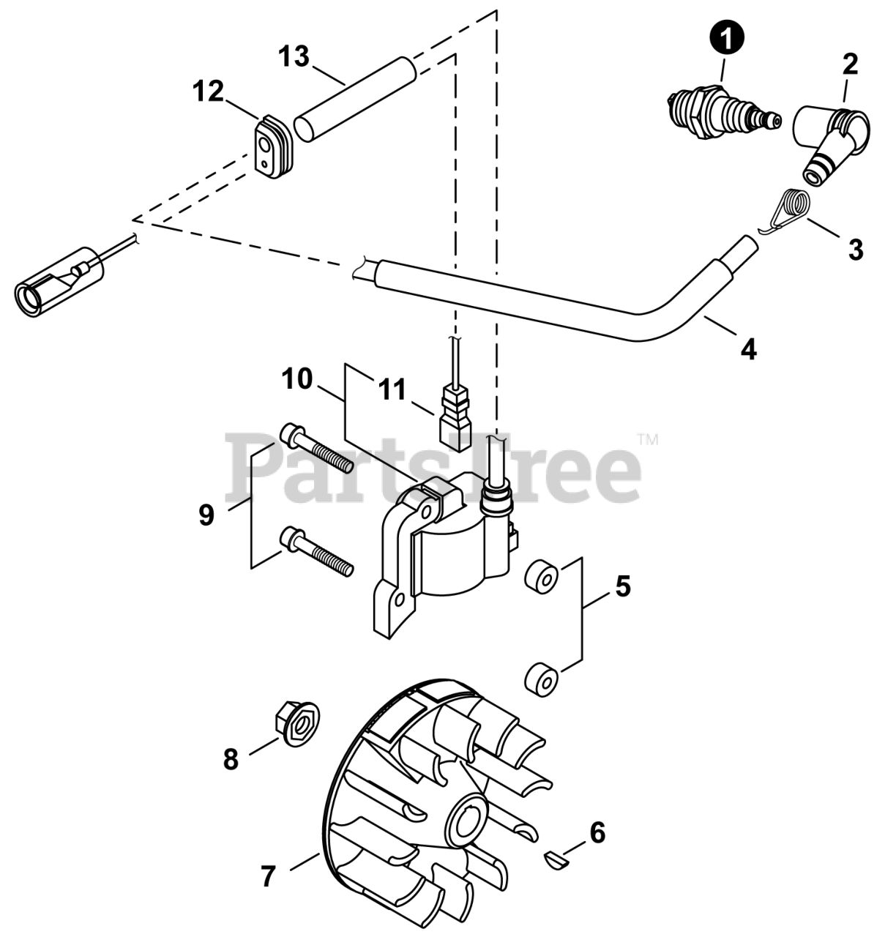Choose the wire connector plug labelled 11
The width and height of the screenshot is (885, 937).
pos(455,420)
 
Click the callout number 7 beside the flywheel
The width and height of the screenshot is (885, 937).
pos(268,875)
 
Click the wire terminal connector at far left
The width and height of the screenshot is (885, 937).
pos(59,282)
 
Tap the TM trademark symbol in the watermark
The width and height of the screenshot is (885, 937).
pos(649,439)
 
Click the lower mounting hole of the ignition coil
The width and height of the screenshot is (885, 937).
pos(398,600)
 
